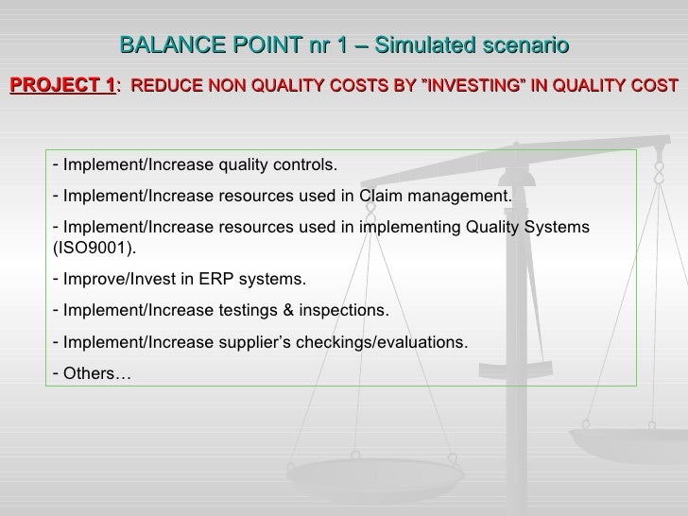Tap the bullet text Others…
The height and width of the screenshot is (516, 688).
coord(97,372)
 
